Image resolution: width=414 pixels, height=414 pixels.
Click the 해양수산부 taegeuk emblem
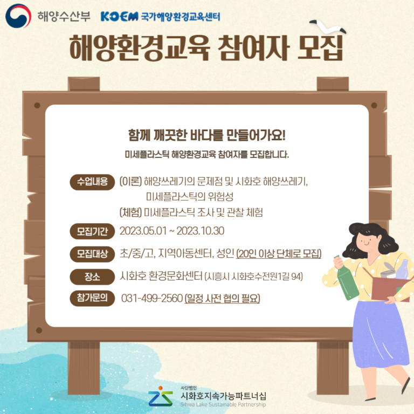click(18, 16)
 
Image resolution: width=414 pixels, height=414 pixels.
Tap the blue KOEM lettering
click(119, 17)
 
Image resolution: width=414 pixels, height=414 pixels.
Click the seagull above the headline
click(328, 26)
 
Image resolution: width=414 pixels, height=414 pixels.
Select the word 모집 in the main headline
click(320, 48)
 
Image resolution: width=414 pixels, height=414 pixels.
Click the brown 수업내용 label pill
click(92, 182)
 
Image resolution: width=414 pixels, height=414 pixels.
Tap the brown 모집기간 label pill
click(92, 231)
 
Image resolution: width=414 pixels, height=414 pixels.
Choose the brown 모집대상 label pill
click(92, 254)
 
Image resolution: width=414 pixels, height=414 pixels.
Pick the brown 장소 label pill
click(92, 277)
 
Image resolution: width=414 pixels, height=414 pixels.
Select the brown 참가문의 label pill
click(92, 298)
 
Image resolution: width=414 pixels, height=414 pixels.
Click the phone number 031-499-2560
click(152, 298)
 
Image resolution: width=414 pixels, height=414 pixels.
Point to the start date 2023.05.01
click(143, 231)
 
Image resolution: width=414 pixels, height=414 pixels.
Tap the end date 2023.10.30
click(201, 231)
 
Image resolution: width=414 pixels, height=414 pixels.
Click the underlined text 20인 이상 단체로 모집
click(279, 254)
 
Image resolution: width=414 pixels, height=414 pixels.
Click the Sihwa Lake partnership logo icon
click(161, 396)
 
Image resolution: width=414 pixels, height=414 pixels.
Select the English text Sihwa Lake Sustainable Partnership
click(223, 404)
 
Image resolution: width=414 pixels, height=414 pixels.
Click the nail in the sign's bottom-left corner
click(39, 330)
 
